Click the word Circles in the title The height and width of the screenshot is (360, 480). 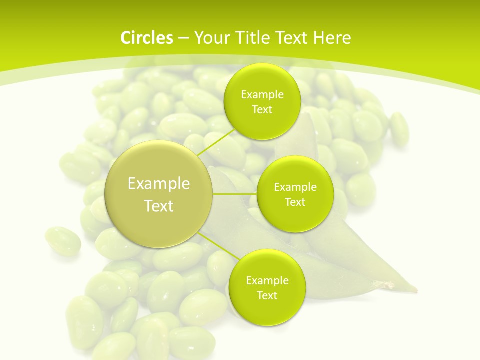[146, 38]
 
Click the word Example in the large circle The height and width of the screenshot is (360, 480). [159, 184]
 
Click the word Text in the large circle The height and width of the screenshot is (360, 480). [159, 206]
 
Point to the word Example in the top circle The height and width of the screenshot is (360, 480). [262, 95]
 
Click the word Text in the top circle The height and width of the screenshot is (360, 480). [262, 110]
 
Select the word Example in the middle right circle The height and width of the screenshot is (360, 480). [295, 187]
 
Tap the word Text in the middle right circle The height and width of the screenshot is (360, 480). [295, 202]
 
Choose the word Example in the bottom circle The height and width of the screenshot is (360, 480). [267, 281]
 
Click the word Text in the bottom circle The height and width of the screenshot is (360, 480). [267, 296]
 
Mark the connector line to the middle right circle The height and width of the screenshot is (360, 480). [235, 194]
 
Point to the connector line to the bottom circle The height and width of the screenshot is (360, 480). [218, 247]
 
